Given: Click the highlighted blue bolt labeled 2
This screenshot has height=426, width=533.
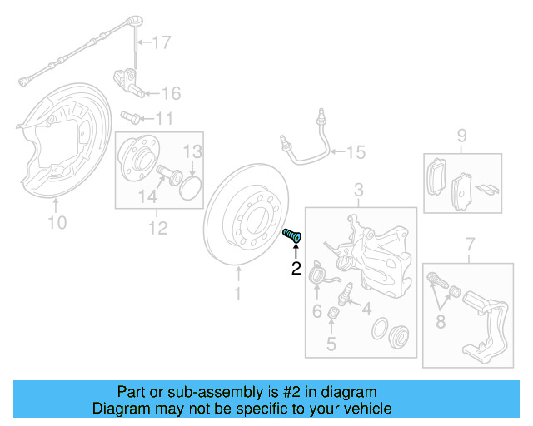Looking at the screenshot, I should [292, 236].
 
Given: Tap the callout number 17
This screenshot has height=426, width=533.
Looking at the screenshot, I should [161, 41].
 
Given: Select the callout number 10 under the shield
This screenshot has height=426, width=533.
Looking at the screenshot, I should [57, 222].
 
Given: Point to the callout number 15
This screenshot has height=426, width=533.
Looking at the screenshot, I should [356, 152].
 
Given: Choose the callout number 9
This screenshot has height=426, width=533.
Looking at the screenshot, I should [461, 135].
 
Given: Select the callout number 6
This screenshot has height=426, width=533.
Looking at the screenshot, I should [317, 311].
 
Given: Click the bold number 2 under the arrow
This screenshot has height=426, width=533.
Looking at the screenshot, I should [295, 268].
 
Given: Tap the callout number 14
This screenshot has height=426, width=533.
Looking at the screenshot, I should [147, 196].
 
